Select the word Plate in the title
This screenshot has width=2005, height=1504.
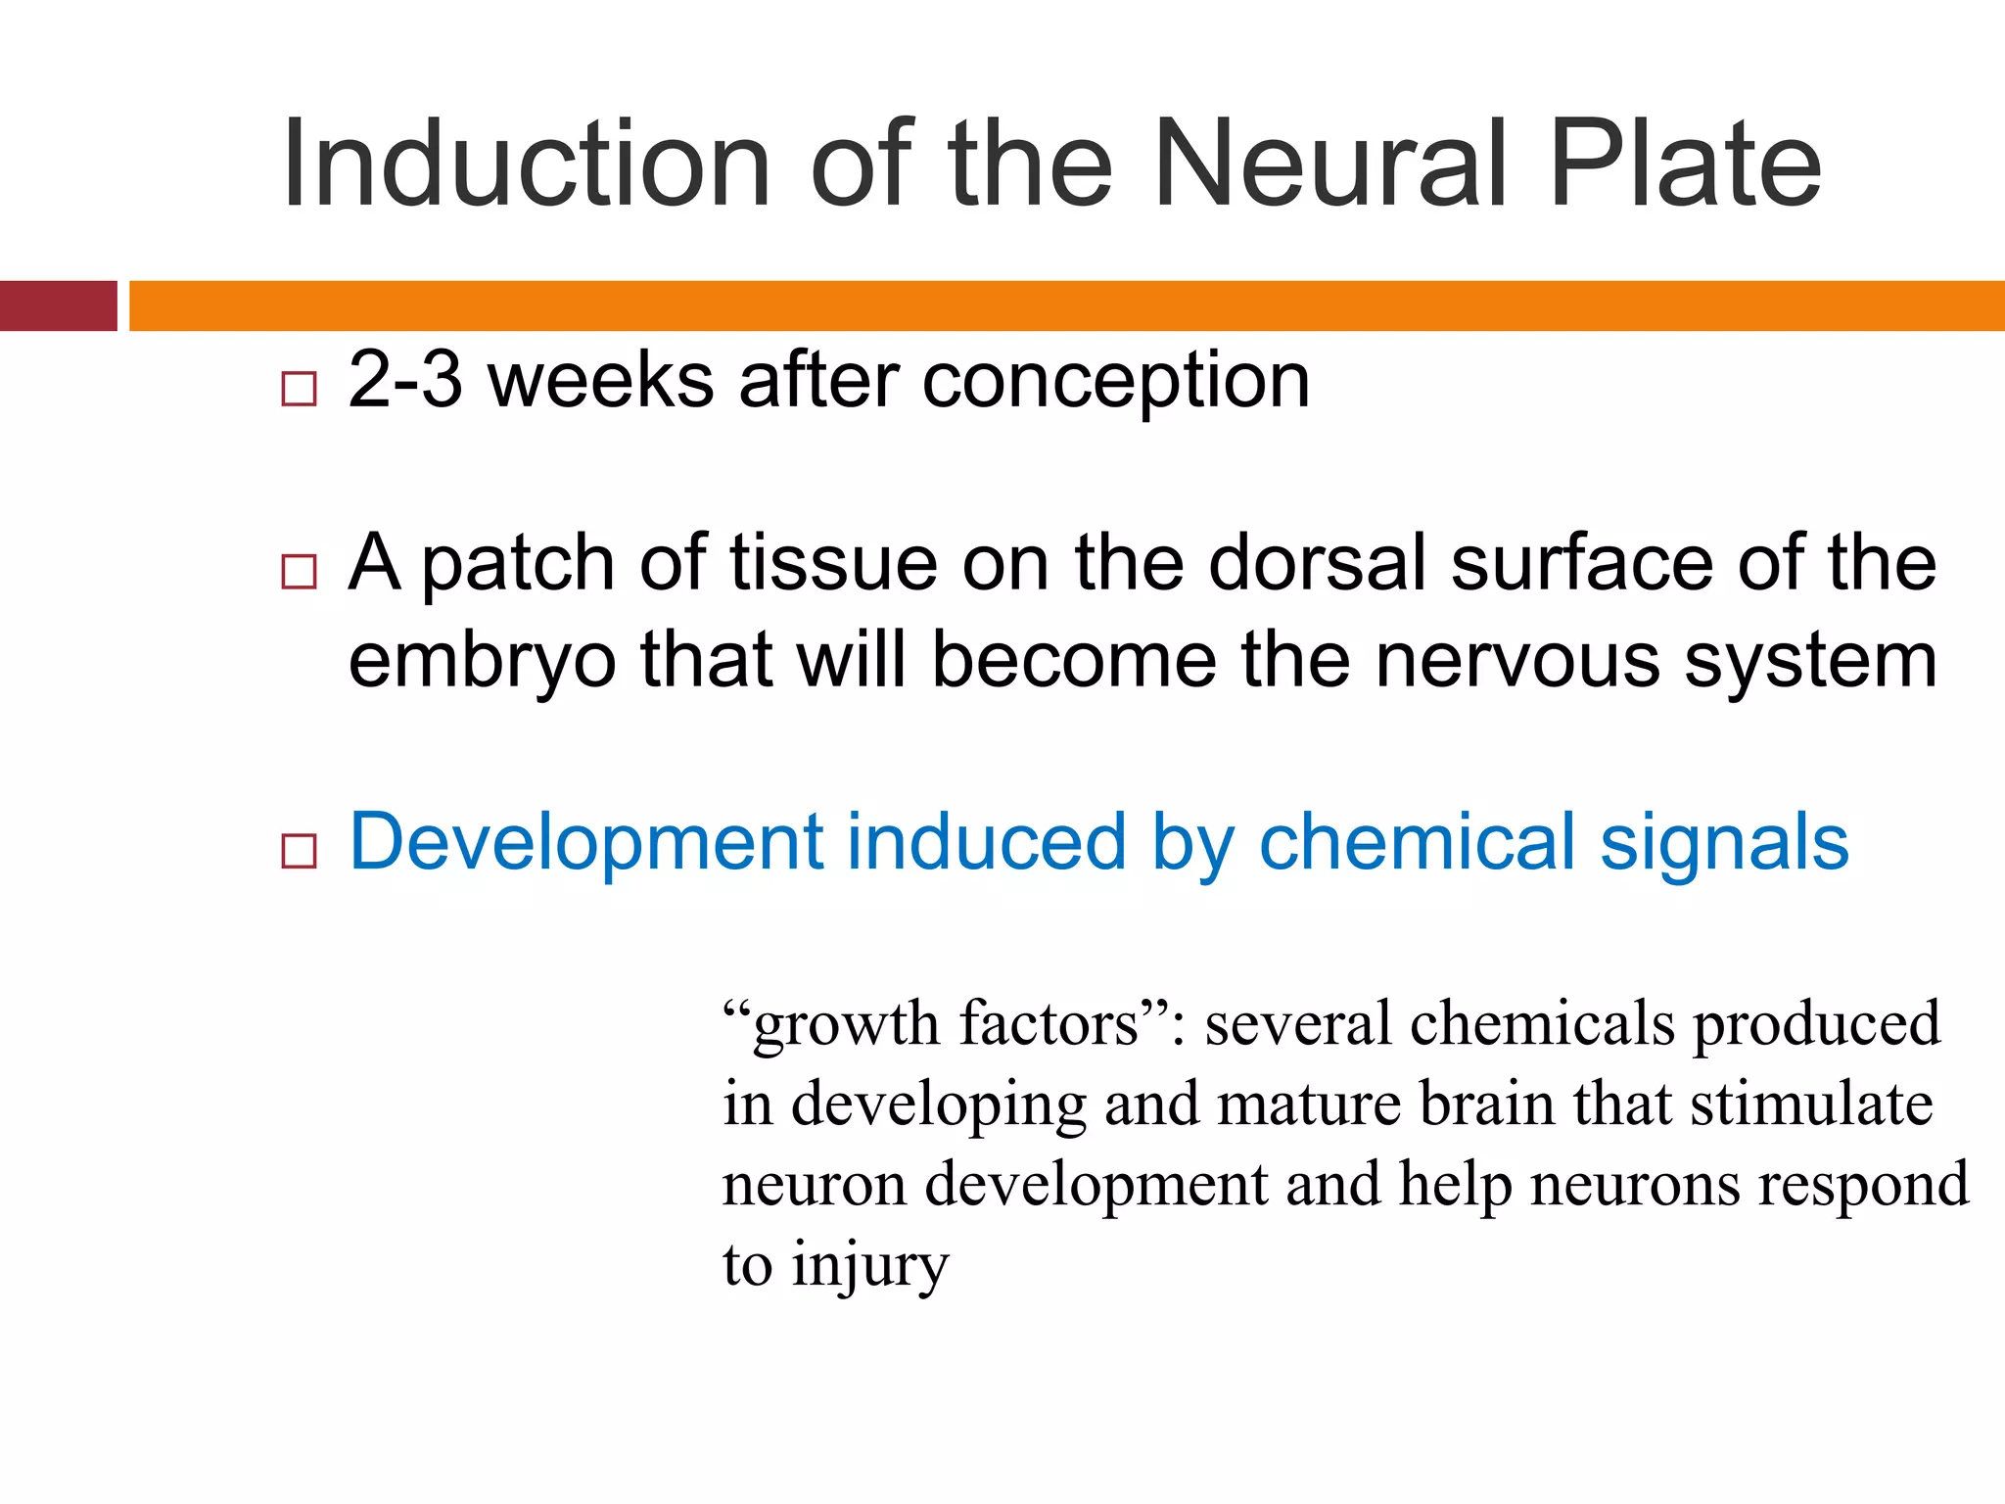pos(1684,164)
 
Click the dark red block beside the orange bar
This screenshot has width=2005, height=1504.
pos(58,305)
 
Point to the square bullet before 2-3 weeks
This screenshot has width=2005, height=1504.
pos(299,389)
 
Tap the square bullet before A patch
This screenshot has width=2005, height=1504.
pos(299,571)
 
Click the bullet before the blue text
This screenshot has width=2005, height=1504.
pos(299,851)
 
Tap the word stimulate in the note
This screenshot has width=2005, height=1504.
pos(1811,1104)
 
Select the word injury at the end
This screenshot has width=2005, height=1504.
pos(870,1266)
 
